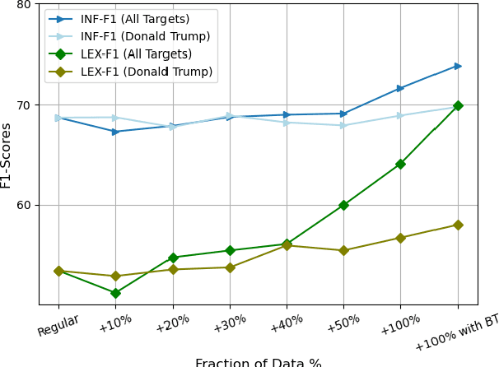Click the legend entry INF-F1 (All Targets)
coord(134,19)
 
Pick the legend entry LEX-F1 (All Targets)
coord(136,54)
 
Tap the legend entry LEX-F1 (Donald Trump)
coord(146,72)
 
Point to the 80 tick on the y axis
coord(23,4)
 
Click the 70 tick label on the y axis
coord(23,105)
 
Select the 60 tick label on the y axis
coord(23,206)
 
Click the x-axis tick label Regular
coord(58,325)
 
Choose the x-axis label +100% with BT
coord(456,332)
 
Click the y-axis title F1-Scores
coord(7,155)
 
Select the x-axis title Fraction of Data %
coord(258,362)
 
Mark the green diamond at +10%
coord(115,293)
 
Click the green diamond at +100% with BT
coord(458,105)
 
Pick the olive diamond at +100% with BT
coord(458,225)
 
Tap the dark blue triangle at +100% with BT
coord(458,66)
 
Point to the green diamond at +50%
coord(343,205)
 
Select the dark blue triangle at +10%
coord(115,132)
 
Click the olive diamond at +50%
coord(343,250)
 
